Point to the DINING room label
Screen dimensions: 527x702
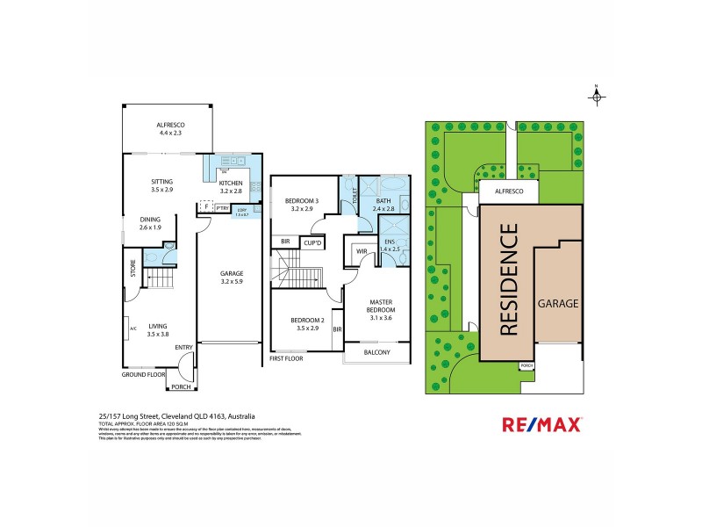tap(150, 223)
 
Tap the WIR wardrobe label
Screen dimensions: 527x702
tap(361, 252)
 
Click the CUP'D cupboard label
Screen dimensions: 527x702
tap(312, 242)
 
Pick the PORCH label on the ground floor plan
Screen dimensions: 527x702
tap(181, 386)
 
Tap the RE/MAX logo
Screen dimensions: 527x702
tap(541, 425)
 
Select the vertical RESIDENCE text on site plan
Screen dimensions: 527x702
tap(509, 280)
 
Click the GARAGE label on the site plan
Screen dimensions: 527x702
tap(557, 303)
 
